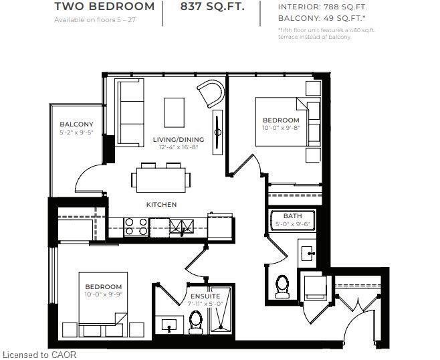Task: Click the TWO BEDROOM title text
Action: tap(104, 7)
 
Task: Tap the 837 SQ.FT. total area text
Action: tap(211, 7)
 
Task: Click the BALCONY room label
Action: tap(76, 124)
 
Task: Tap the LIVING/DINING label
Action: tap(178, 139)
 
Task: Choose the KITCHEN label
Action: tap(162, 204)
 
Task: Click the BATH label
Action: tap(292, 216)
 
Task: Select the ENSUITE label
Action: tap(205, 296)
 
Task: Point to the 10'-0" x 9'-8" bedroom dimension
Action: tap(281, 127)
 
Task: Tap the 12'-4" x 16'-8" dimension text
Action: tap(178, 147)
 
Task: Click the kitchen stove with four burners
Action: tap(136, 226)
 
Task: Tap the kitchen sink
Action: tap(179, 226)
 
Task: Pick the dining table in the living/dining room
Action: tap(160, 178)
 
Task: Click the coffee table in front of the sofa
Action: tap(175, 111)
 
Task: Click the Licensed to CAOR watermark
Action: tap(40, 355)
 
